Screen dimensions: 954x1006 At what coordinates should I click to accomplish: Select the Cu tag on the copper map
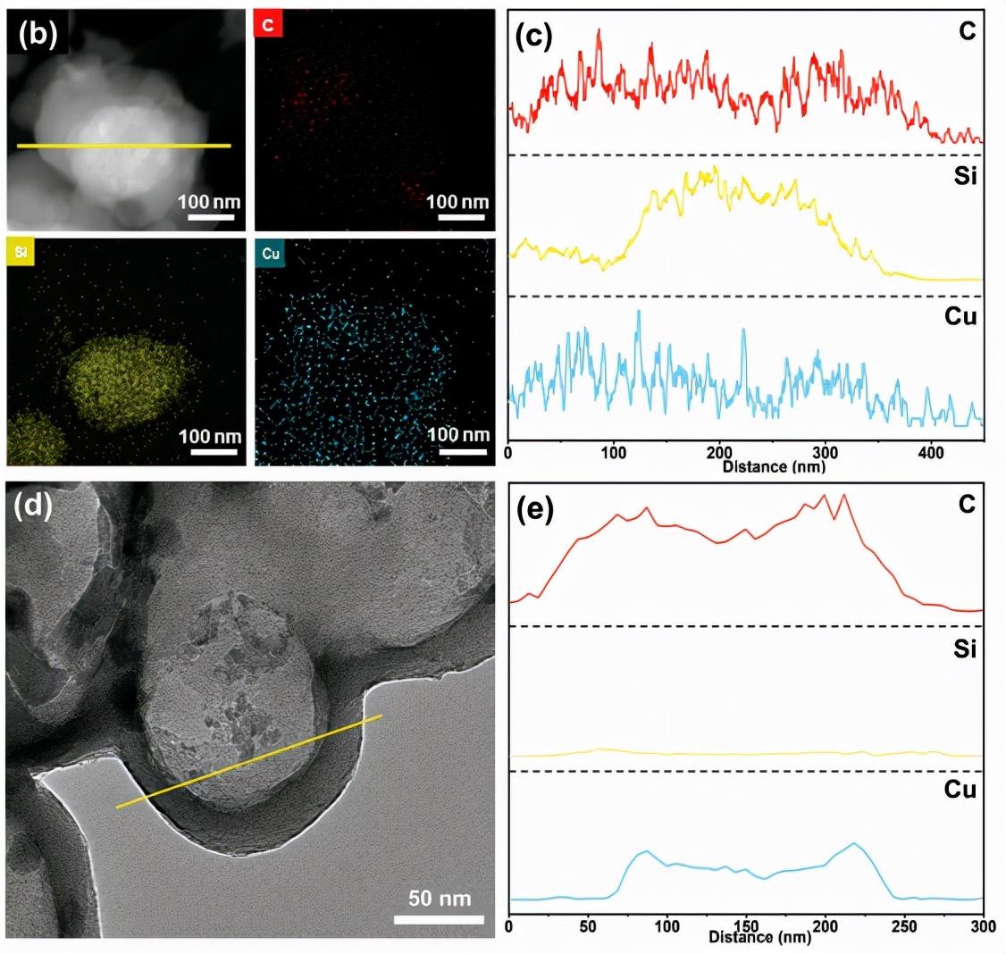271,253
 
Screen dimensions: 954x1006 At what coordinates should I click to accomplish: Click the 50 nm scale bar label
439,897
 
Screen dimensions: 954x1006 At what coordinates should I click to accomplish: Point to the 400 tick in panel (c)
931,453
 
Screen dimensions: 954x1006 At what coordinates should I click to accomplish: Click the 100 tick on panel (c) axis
614,453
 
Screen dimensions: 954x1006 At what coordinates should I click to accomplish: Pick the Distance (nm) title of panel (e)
761,937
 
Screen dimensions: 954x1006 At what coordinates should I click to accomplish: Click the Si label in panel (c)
964,177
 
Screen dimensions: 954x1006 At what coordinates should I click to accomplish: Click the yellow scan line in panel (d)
250,761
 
